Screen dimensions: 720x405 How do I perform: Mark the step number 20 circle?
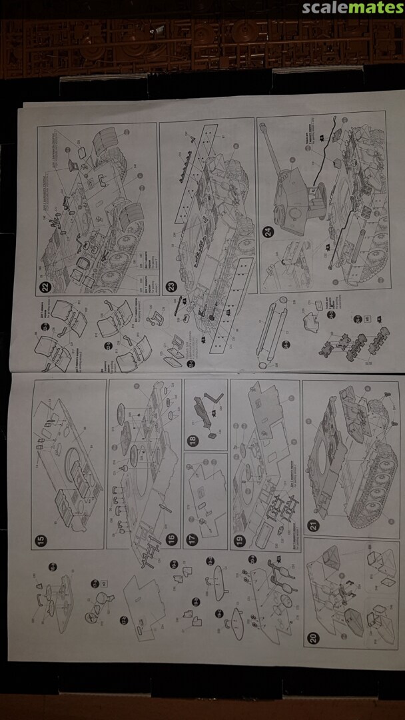313,637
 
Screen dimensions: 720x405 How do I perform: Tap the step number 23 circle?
171,286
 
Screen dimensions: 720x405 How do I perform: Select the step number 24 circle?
268,232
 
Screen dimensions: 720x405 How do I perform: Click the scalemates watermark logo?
352,8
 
